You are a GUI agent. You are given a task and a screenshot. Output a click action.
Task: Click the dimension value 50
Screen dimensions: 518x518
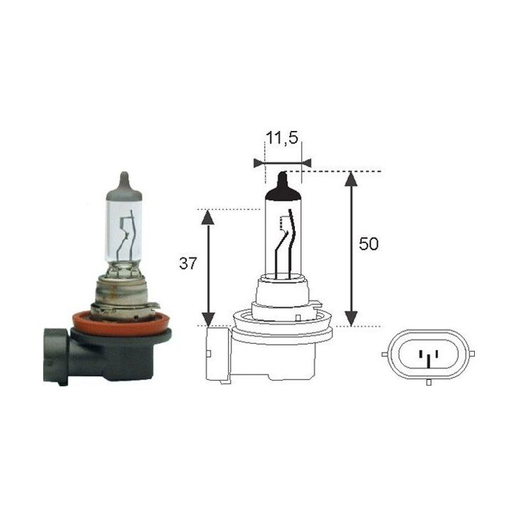368,245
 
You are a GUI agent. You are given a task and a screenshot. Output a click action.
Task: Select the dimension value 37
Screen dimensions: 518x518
188,264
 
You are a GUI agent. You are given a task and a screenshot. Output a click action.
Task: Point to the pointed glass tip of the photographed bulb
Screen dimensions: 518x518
124,178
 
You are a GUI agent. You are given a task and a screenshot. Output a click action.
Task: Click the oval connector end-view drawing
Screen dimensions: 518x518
428,355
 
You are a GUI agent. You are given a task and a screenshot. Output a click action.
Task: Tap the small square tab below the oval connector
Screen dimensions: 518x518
428,382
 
